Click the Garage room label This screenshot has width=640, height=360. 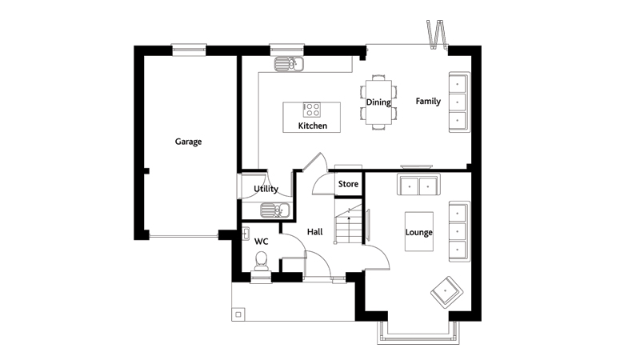point(188,142)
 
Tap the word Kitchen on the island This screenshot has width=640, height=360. point(312,126)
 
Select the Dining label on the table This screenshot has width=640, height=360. point(378,102)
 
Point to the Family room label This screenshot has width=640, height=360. point(428,102)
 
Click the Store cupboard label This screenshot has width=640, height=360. point(348,184)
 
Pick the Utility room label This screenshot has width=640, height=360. point(266,189)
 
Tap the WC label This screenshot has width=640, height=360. point(262,242)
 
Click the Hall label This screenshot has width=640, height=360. point(314,232)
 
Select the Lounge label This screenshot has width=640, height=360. point(418,232)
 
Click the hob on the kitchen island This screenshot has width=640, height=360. point(312,110)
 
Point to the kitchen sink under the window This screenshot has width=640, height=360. point(289,64)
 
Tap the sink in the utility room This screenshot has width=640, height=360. point(274,210)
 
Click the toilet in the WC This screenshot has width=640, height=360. point(261,262)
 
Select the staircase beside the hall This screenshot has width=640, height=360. point(349,224)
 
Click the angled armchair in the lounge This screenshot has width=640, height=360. point(447,292)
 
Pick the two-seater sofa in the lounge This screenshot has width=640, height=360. point(418,185)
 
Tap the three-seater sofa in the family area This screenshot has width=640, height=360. point(459,102)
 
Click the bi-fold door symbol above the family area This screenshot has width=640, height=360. point(436,34)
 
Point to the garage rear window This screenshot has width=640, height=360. point(189,50)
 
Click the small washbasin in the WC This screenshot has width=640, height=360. point(246,234)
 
